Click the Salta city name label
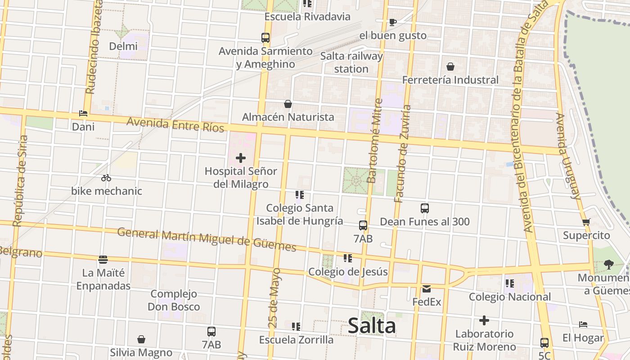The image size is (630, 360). pos(372,326)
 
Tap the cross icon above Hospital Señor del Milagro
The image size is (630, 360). pos(241,158)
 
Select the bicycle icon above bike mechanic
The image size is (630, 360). pos(106,178)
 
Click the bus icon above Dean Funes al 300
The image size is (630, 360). pos(425,208)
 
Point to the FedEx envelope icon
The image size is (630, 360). pos(427,288)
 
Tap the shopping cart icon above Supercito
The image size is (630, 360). pos(586,222)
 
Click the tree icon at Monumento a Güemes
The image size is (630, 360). pos(609,264)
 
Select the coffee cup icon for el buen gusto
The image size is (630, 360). pos(392,22)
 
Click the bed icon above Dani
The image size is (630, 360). pos(83,113)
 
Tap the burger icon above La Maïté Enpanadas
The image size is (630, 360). pos(103,259)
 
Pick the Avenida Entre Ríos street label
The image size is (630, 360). pos(175,125)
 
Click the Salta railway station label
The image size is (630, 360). pos(351,63)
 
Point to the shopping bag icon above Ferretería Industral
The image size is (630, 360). pos(450,67)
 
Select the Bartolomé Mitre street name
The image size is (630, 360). pos(373,141)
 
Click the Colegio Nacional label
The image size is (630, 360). pos(510,297)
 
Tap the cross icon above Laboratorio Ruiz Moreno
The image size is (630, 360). pos(484,320)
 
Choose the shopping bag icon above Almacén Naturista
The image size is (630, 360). pos(288,104)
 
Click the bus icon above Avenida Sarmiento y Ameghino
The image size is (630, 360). pos(265,38)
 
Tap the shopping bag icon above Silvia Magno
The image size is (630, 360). pos(141,339)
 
